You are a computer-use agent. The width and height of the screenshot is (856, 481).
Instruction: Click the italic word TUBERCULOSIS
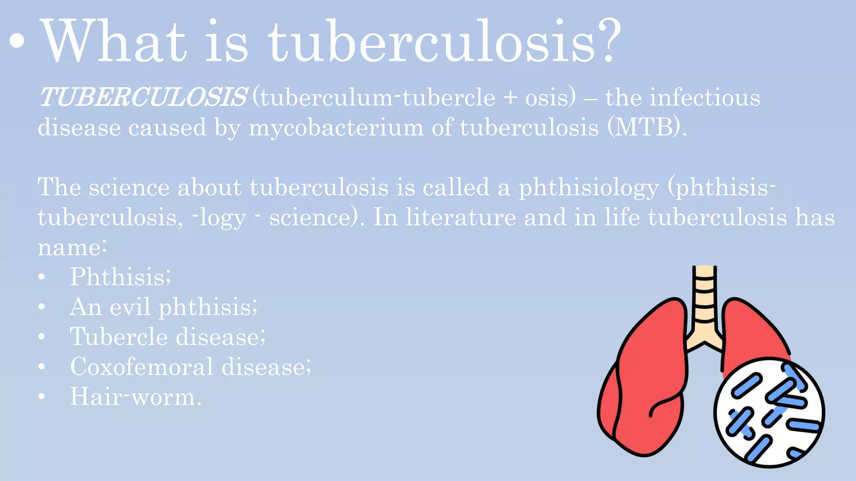(x=143, y=97)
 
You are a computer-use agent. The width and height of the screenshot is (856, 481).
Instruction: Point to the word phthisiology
(x=588, y=188)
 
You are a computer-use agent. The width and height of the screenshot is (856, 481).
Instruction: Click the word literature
(x=461, y=218)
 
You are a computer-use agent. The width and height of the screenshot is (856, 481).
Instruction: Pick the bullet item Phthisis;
(x=120, y=277)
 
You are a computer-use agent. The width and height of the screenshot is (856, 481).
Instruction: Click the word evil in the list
(x=130, y=307)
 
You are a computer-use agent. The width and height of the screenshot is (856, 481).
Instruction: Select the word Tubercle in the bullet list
(x=119, y=337)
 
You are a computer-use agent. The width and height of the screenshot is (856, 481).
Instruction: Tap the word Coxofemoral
(x=142, y=367)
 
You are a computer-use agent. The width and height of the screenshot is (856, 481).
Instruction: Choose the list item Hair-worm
(x=135, y=397)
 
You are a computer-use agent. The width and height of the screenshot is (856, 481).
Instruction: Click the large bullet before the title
(x=17, y=42)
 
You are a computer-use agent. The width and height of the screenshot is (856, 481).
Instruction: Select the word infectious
(x=705, y=98)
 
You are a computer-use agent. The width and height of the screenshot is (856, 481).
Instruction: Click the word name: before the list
(x=72, y=247)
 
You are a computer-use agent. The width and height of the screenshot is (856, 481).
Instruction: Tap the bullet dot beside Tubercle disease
(x=41, y=337)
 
